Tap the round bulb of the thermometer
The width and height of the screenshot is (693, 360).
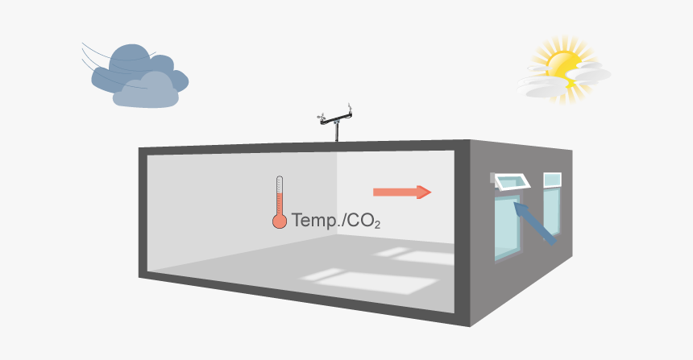pos(280,220)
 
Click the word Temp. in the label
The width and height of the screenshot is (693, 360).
pos(315,219)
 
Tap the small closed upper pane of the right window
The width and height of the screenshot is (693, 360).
pos(552,180)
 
